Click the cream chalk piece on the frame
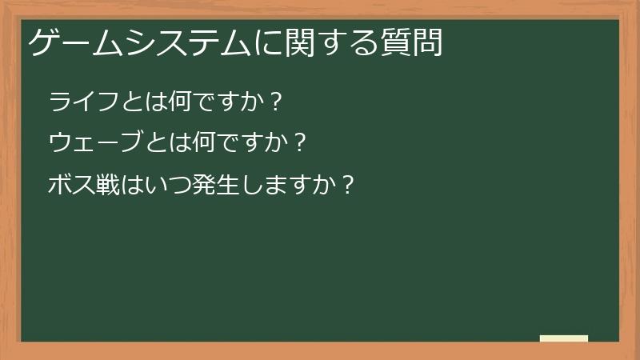[564, 338]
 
